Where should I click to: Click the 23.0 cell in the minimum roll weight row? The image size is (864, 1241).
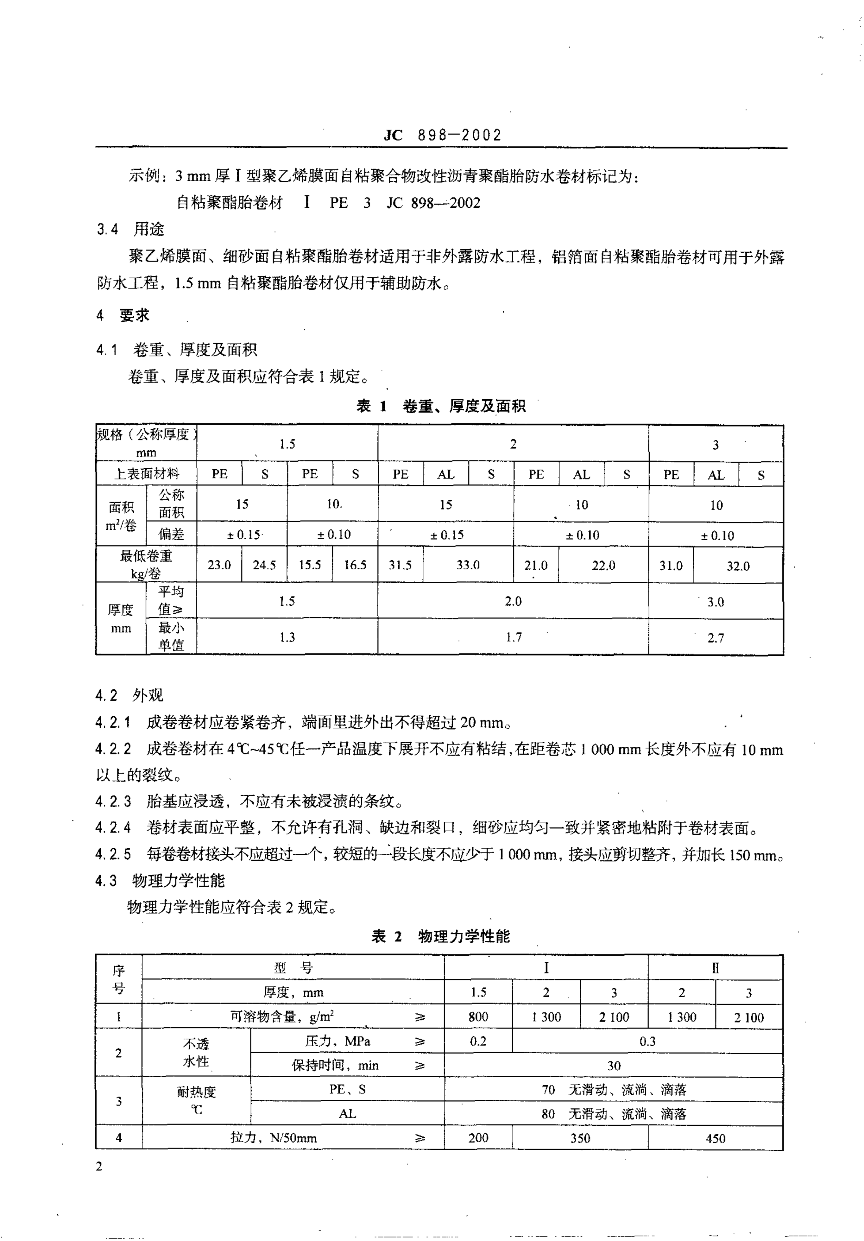(x=219, y=565)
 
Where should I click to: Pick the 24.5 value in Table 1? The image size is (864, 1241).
(x=264, y=565)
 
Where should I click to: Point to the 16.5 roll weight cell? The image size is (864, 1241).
(x=355, y=565)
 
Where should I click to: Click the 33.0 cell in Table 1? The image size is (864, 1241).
(x=468, y=565)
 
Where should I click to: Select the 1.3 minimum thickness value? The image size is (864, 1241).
(x=287, y=637)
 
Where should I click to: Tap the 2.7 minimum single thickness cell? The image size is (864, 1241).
(x=716, y=638)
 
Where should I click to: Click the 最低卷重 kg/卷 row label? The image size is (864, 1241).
(x=146, y=564)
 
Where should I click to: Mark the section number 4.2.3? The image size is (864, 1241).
(x=113, y=801)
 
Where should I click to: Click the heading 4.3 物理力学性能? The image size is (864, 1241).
(x=160, y=881)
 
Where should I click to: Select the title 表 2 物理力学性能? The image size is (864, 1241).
(x=440, y=936)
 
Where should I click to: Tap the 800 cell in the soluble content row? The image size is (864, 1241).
(x=478, y=1017)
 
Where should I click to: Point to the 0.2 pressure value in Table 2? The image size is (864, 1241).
(x=478, y=1041)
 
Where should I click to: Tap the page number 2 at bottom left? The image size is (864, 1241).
(x=99, y=1166)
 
